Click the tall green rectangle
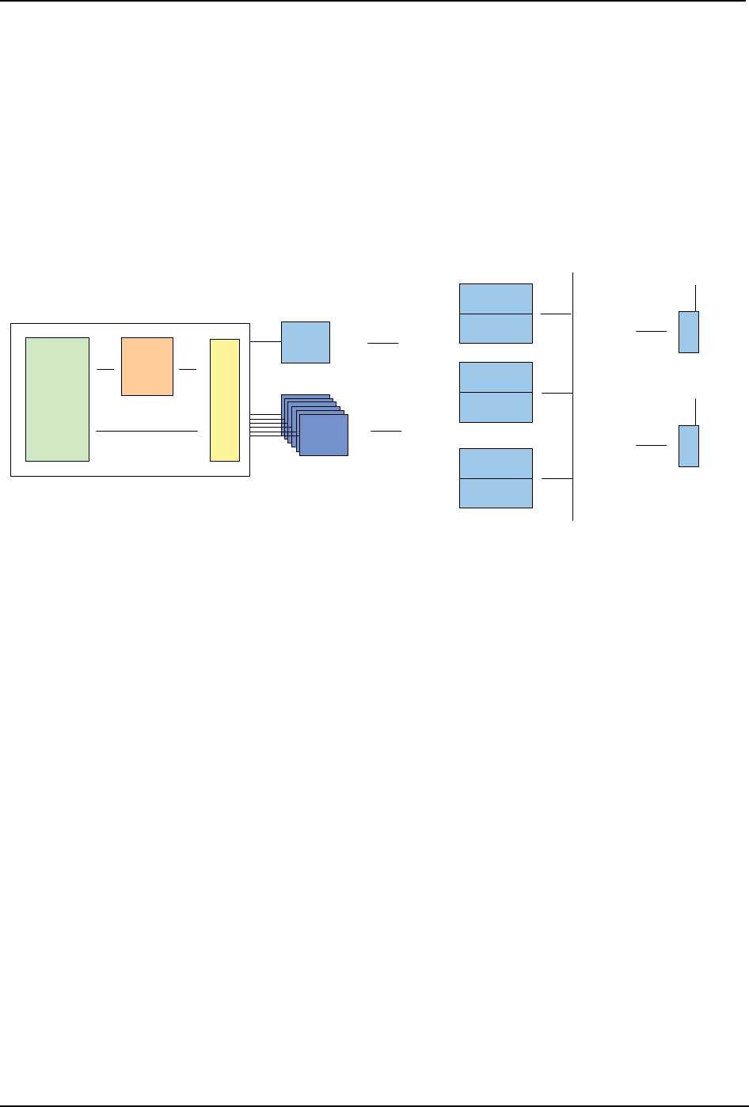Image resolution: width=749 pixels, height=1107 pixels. click(x=57, y=399)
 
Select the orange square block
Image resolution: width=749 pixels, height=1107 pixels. click(x=146, y=367)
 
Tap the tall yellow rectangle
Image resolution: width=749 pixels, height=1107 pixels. click(x=224, y=399)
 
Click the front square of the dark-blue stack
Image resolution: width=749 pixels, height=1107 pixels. click(x=324, y=435)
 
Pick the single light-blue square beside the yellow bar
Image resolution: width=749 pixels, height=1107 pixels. click(x=306, y=342)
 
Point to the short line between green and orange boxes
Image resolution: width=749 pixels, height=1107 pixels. click(x=105, y=369)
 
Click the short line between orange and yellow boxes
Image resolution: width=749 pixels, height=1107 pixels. click(x=188, y=369)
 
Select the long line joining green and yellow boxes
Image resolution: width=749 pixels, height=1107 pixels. click(x=146, y=431)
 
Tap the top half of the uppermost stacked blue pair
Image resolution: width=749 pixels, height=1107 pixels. click(x=496, y=299)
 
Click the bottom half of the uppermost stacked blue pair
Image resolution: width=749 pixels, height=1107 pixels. click(x=496, y=328)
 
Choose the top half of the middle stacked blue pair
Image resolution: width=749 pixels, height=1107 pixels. click(x=496, y=377)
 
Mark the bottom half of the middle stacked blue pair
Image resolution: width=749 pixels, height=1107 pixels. click(x=496, y=406)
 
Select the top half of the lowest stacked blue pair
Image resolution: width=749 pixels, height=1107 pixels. click(x=496, y=463)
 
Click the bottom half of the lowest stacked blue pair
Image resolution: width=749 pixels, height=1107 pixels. click(x=496, y=493)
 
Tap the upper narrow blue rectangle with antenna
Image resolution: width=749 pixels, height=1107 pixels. click(x=689, y=332)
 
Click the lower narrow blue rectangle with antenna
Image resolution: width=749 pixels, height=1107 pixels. click(x=689, y=446)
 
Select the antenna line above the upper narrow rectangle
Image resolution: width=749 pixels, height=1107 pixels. click(x=695, y=298)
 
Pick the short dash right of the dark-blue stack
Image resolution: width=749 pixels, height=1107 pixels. click(x=386, y=431)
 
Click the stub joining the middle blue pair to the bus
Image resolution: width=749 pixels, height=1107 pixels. click(x=557, y=393)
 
